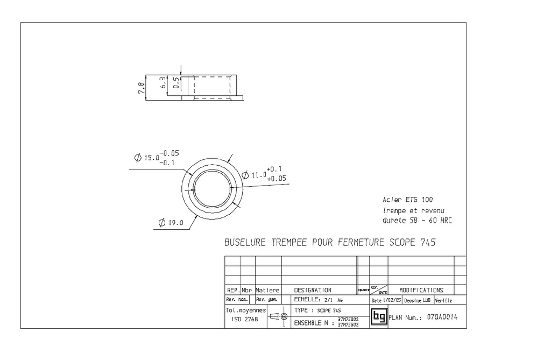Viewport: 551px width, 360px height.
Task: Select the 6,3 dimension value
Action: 163,83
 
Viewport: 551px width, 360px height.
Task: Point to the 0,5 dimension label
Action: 175,83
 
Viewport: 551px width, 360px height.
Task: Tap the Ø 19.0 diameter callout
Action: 172,223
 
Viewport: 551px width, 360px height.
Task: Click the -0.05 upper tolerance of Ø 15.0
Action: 171,153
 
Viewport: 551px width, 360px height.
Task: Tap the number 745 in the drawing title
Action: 426,243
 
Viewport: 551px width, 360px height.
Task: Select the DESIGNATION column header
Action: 313,290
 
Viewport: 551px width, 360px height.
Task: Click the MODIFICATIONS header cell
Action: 421,290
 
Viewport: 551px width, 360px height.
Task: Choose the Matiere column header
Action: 267,290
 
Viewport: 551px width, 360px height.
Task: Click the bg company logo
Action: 379,316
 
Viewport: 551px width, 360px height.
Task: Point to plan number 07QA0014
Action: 442,317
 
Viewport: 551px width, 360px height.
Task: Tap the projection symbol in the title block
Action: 278,317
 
